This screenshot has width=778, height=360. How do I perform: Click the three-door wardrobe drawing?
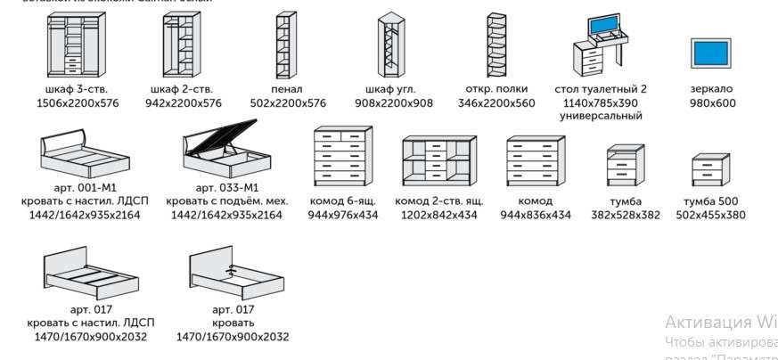click(68, 45)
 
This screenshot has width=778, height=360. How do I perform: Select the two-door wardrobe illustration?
click(183, 45)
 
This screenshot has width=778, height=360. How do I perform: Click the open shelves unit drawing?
click(495, 45)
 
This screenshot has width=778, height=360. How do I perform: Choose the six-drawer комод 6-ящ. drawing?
click(342, 160)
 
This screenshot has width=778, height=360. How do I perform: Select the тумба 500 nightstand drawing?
click(710, 170)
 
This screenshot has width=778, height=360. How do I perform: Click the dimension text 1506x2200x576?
click(78, 103)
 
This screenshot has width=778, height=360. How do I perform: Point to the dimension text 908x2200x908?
click(393, 103)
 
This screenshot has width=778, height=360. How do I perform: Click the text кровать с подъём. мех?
click(226, 201)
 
